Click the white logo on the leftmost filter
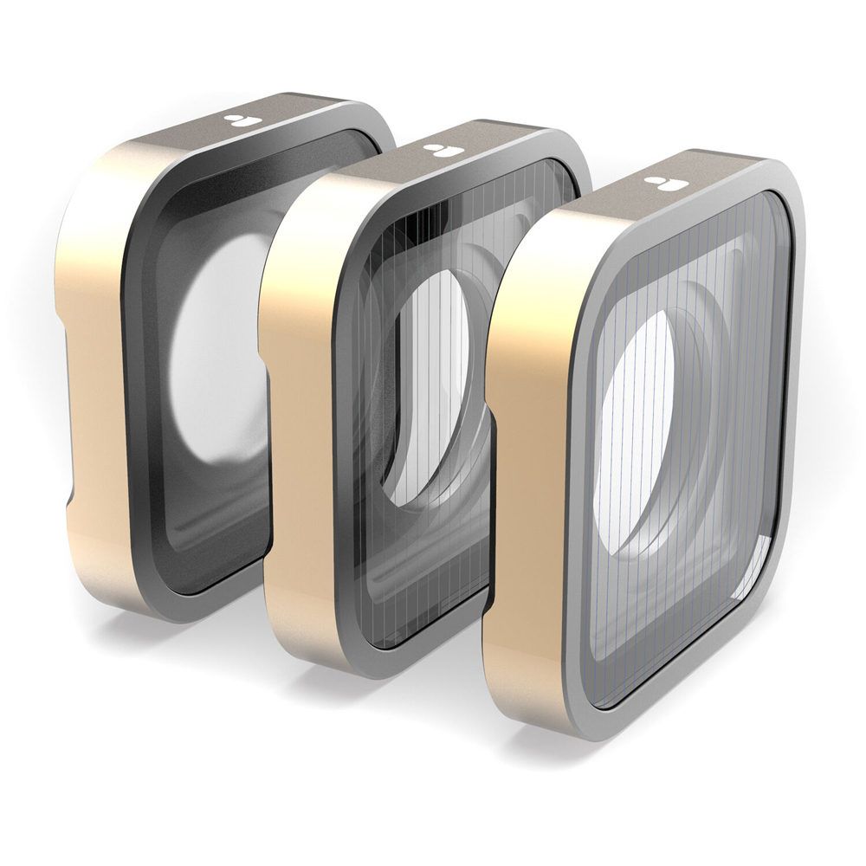[236, 121]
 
